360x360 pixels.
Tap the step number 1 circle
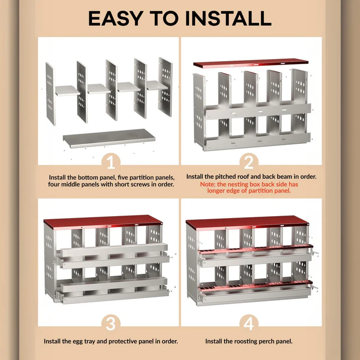(x=112, y=162)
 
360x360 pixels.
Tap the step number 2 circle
(x=248, y=162)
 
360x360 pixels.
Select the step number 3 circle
(x=112, y=324)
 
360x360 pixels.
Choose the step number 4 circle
(x=248, y=324)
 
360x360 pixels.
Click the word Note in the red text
(x=208, y=184)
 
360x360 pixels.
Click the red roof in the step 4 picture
(x=247, y=223)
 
